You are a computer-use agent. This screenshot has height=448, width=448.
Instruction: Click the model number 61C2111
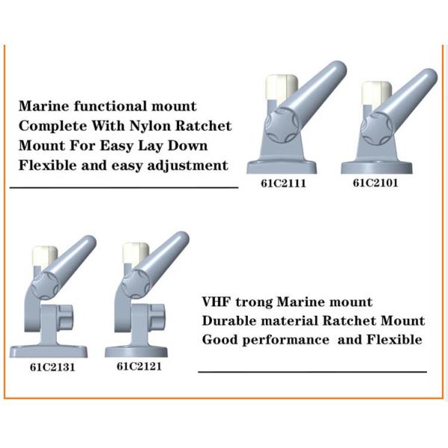[284, 183]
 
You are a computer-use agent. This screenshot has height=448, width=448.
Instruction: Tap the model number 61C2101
[376, 183]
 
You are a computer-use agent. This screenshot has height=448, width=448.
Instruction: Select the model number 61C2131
[52, 367]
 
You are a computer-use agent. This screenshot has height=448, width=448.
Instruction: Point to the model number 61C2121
[139, 367]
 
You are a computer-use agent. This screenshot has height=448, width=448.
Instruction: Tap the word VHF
[217, 302]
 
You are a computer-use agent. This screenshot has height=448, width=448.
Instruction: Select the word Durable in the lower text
[229, 321]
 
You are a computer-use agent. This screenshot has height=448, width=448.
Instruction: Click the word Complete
[52, 126]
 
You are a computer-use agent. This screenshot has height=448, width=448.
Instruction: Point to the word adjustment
[187, 166]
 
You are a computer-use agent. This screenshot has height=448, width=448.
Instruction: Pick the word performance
[286, 340]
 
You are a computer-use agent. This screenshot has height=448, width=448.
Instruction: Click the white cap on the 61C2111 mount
[281, 86]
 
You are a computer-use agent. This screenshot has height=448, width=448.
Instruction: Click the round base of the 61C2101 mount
[376, 167]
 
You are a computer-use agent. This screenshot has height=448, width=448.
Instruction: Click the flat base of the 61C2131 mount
[49, 352]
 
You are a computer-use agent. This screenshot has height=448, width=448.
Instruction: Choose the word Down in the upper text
[187, 146]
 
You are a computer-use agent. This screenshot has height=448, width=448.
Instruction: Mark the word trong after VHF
[254, 302]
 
